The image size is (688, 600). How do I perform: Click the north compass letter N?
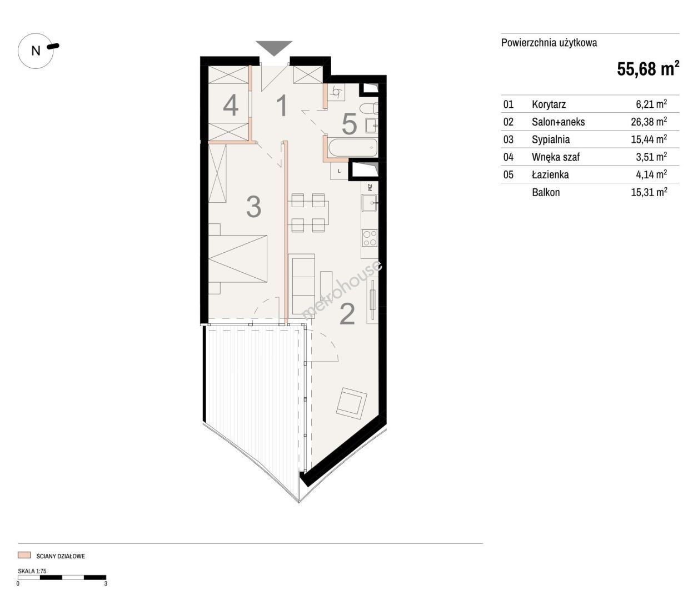(36, 51)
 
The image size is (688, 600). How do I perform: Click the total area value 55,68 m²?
(647, 68)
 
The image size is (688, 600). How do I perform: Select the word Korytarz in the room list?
(549, 104)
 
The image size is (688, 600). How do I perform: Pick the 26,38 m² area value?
(649, 121)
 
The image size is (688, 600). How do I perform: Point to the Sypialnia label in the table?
(551, 139)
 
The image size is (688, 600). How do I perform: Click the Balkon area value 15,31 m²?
(649, 192)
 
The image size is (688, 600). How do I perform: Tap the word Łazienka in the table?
(551, 174)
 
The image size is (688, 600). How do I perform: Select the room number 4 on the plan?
(231, 105)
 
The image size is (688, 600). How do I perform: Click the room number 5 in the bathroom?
(349, 124)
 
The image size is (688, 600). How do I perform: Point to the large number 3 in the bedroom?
(253, 207)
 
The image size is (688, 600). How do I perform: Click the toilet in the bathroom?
(369, 108)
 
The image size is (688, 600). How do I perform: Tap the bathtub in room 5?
(353, 147)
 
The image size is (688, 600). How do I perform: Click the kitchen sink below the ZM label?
(370, 203)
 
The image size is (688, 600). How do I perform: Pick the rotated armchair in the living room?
(352, 403)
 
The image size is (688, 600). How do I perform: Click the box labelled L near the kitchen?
(340, 171)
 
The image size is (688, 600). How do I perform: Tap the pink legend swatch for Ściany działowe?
(24, 555)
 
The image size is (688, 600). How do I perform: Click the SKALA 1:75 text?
(32, 571)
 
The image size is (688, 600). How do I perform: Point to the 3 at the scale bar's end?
(106, 584)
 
